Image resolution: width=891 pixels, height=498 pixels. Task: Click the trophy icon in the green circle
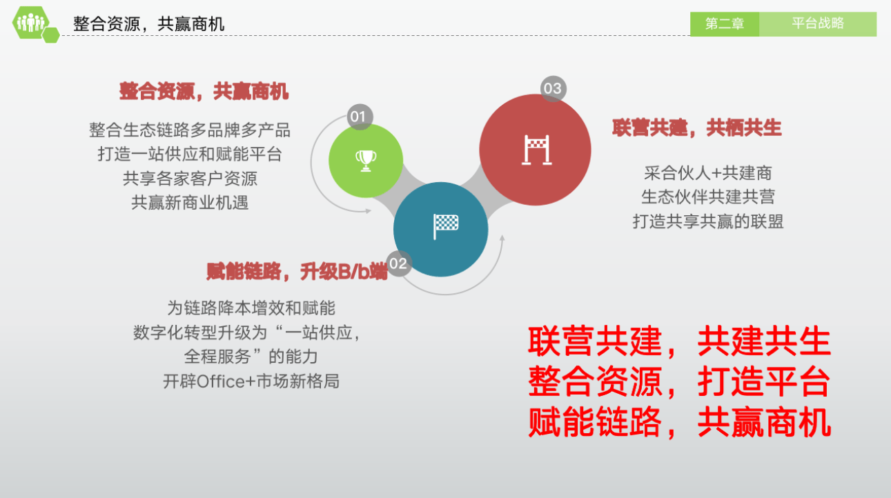(x=366, y=160)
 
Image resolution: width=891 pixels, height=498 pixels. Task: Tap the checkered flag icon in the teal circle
(x=445, y=226)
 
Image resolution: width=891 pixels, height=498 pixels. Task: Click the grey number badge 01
(x=358, y=117)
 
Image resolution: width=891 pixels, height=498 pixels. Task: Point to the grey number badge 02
(x=398, y=263)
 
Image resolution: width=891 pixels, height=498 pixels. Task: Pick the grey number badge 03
(x=552, y=88)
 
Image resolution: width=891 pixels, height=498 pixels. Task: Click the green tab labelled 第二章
(x=725, y=24)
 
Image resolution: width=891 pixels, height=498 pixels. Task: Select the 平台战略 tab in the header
(x=818, y=24)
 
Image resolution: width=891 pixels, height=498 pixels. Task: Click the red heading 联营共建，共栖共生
(x=696, y=128)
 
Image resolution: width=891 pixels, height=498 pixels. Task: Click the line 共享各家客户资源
(x=190, y=178)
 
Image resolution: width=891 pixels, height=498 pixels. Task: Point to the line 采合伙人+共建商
(x=707, y=172)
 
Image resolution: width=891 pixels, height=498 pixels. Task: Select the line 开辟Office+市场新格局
(x=251, y=381)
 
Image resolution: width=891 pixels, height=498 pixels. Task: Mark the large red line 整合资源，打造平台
(x=679, y=382)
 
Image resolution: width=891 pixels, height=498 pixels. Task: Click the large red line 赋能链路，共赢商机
(x=679, y=423)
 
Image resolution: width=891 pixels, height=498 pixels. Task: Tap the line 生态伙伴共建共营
(x=707, y=197)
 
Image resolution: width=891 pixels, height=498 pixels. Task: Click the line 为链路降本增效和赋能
(x=251, y=307)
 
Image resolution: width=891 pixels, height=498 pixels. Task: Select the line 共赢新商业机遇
(x=190, y=203)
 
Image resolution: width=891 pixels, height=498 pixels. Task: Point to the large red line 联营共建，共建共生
(x=679, y=341)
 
